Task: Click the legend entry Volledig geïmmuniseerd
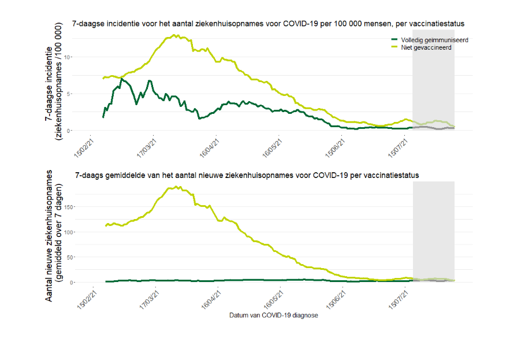pyautogui.click(x=434, y=40)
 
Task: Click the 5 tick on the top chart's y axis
pyautogui.click(x=84, y=94)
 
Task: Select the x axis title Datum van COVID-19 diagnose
pyautogui.click(x=273, y=316)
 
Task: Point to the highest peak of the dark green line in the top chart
pyautogui.click(x=121, y=78)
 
